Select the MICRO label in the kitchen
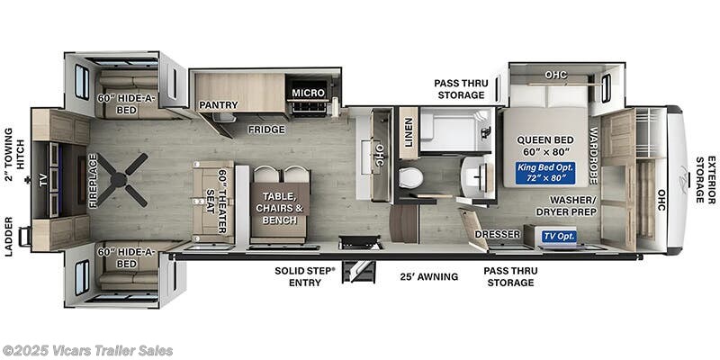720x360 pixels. [308, 94]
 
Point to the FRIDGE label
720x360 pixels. [267, 130]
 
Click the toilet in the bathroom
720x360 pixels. [410, 177]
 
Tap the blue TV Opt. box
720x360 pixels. [560, 237]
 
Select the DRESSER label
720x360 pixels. [498, 235]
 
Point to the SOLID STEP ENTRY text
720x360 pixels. [305, 276]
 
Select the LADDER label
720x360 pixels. [8, 237]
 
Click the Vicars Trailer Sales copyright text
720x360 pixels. [87, 350]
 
